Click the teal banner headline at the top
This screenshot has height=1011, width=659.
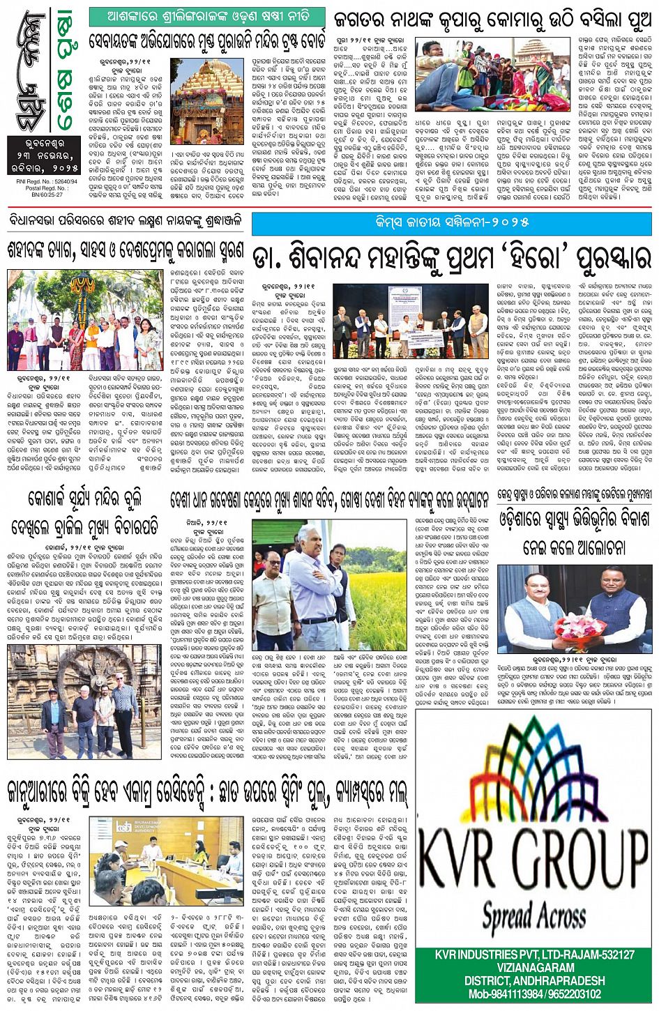point(206,15)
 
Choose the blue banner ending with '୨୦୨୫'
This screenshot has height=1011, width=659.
point(451,222)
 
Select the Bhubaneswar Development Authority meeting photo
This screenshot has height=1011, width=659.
point(166,862)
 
